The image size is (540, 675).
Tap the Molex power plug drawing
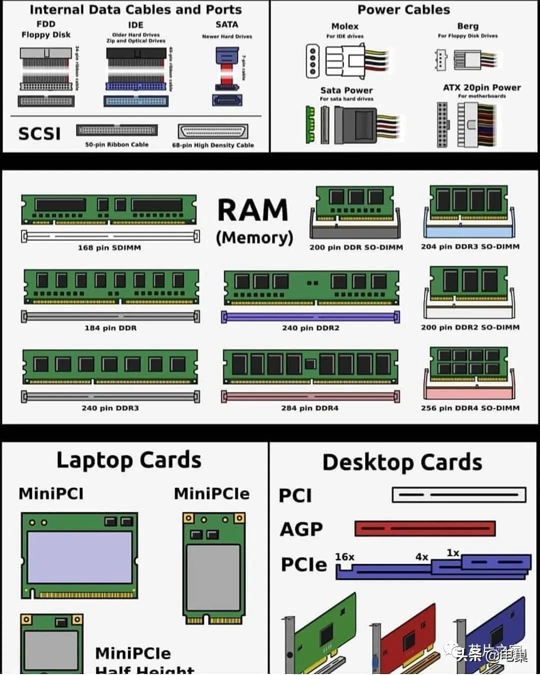[x=345, y=61]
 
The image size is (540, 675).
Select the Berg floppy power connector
[x=467, y=59]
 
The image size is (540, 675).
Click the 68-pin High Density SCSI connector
[x=213, y=131]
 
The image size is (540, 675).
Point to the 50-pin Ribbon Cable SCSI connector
[x=116, y=130]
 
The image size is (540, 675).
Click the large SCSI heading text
[x=39, y=133]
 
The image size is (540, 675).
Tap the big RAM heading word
[x=253, y=210]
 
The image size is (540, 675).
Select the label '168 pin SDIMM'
[x=109, y=247]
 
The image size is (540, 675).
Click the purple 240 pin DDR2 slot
[x=310, y=316]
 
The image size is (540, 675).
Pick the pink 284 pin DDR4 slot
[x=310, y=397]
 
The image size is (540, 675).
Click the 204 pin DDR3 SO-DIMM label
[x=470, y=246]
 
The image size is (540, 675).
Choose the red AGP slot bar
[x=425, y=528]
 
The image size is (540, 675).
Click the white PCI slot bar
[x=459, y=495]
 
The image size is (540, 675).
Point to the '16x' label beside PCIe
[x=344, y=557]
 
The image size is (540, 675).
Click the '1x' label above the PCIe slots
[x=453, y=553]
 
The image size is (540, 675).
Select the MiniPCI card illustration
[x=79, y=555]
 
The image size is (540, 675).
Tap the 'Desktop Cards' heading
[x=402, y=462]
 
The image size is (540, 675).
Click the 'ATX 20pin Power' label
[x=481, y=87]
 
